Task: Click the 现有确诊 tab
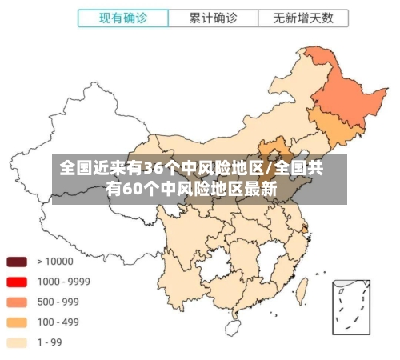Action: [122, 17]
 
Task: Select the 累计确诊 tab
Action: [214, 17]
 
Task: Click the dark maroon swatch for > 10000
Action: [18, 262]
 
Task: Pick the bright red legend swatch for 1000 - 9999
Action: [18, 282]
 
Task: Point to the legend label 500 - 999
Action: [58, 302]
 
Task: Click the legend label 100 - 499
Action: [58, 322]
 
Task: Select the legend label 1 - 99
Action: [50, 342]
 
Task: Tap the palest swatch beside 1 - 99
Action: [18, 342]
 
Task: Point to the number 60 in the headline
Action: [133, 190]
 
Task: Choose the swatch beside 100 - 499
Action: [18, 322]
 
